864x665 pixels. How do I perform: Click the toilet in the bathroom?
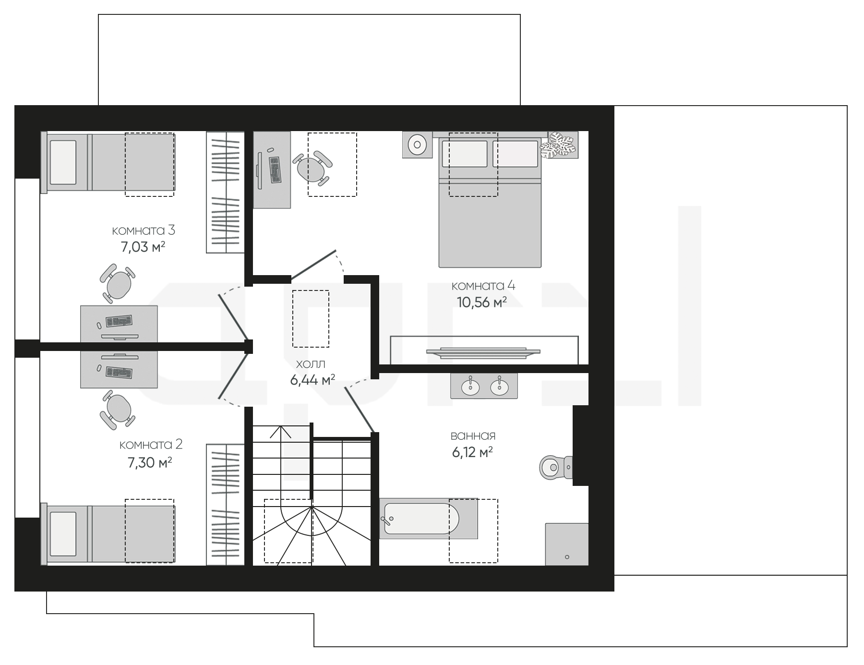[555, 467]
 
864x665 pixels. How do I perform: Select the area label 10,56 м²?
[481, 302]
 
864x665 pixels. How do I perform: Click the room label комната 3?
[144, 230]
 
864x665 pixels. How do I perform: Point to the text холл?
[311, 364]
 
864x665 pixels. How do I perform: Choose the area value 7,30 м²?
[150, 463]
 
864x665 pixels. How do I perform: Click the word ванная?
[473, 436]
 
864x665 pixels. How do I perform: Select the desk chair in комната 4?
[312, 169]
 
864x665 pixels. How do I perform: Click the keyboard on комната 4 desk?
[274, 169]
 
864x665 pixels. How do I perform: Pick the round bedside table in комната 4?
[417, 144]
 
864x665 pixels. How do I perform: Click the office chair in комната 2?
[117, 411]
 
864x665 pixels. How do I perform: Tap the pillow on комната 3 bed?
[63, 162]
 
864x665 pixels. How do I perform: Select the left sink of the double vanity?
[470, 386]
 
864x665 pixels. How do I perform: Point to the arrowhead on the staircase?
[281, 432]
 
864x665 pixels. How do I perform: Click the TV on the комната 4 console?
[483, 353]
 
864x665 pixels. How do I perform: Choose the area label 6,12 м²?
[472, 452]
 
